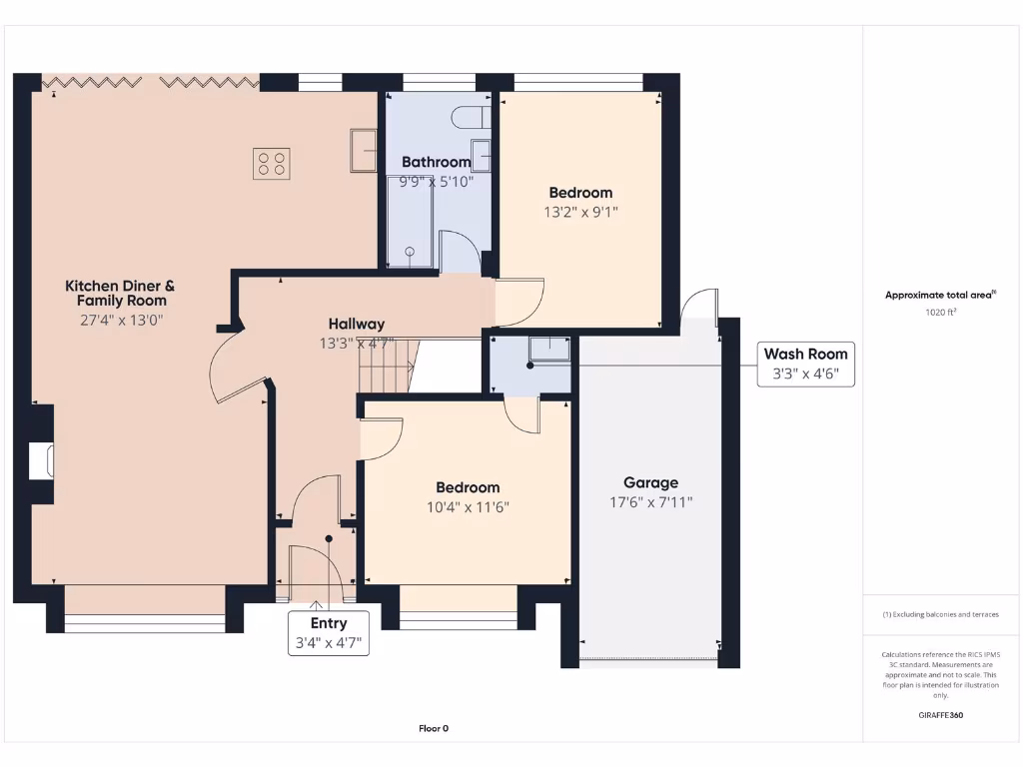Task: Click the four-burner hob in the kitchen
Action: pyautogui.click(x=272, y=163)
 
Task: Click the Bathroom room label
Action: pyautogui.click(x=436, y=162)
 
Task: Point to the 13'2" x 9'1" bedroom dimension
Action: pyautogui.click(x=580, y=212)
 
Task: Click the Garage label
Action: pyautogui.click(x=650, y=482)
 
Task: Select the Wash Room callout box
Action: pyautogui.click(x=805, y=364)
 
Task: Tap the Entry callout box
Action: pyautogui.click(x=329, y=633)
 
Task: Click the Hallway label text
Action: pyautogui.click(x=357, y=324)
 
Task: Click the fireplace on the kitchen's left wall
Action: pyautogui.click(x=41, y=461)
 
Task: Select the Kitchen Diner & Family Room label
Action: pyautogui.click(x=121, y=293)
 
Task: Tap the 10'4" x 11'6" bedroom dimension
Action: pyautogui.click(x=468, y=507)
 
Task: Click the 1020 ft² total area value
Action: pyautogui.click(x=939, y=313)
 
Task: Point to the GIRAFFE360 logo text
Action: pyautogui.click(x=940, y=715)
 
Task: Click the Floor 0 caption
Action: pyautogui.click(x=434, y=729)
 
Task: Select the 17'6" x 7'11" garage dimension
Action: pyautogui.click(x=650, y=502)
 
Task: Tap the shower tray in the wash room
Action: pyautogui.click(x=549, y=347)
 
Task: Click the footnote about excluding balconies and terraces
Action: pyautogui.click(x=940, y=614)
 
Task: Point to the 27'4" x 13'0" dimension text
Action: pyautogui.click(x=121, y=321)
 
